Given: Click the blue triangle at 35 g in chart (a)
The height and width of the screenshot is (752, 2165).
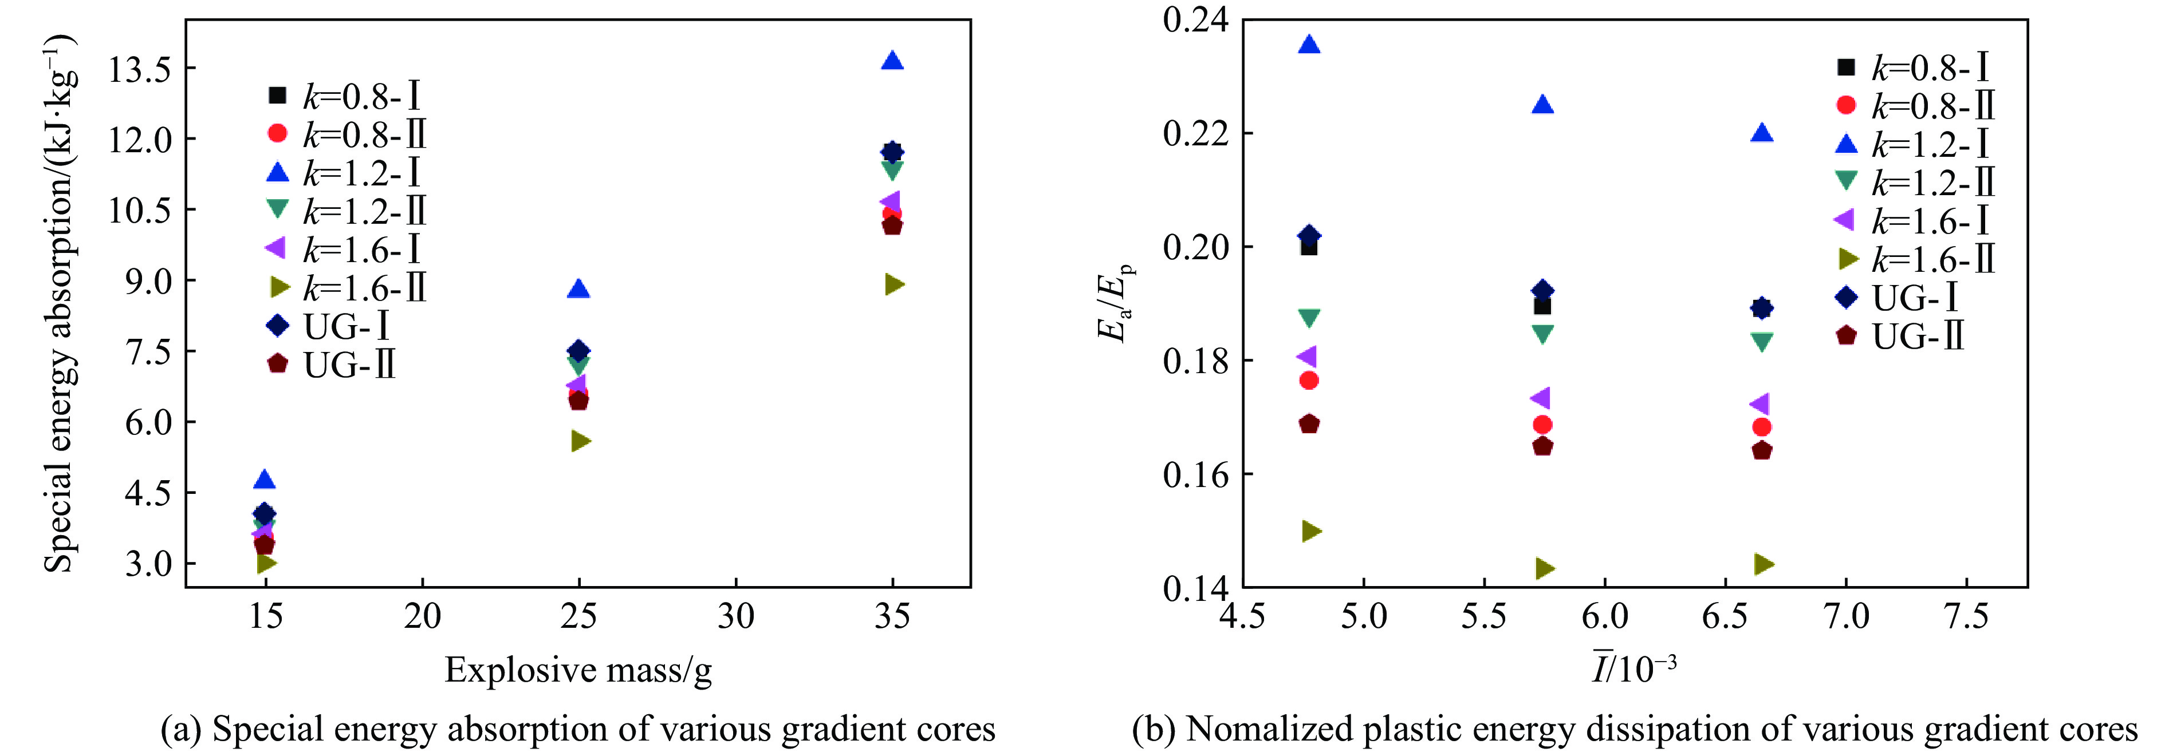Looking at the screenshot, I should (x=892, y=61).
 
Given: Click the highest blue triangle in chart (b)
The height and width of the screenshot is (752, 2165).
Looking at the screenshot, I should (x=1309, y=45).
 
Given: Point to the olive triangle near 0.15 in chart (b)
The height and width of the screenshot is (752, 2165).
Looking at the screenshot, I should (x=1311, y=531).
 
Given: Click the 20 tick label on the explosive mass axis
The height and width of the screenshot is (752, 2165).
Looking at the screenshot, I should (x=422, y=618).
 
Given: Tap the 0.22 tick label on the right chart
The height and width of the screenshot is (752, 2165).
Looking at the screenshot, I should (x=1194, y=133).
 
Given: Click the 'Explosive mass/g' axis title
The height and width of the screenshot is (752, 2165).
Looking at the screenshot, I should (x=578, y=671).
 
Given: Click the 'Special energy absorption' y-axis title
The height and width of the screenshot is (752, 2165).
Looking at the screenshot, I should (x=61, y=303).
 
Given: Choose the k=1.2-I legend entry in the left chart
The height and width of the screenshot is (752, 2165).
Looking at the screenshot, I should (x=345, y=173).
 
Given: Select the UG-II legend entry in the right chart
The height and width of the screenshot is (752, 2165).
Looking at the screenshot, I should (x=1901, y=336).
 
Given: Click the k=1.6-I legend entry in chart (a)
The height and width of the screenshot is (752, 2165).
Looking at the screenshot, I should (x=345, y=250).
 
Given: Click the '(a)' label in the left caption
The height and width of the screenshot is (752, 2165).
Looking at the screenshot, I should (x=180, y=729).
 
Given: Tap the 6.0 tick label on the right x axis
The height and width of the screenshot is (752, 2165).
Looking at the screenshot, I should (x=1604, y=618).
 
